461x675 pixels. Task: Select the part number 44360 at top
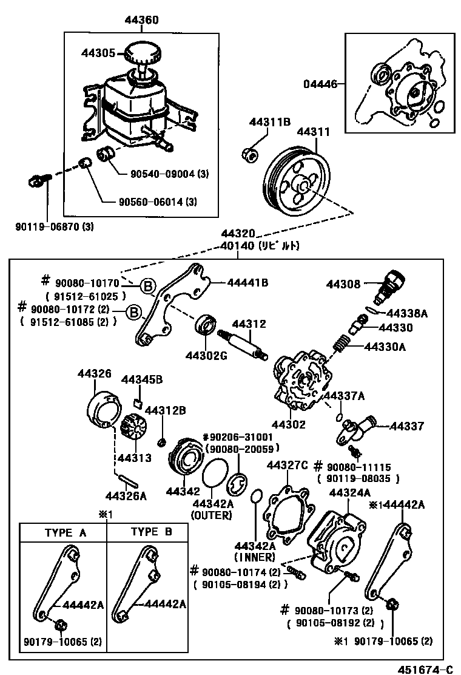(142, 20)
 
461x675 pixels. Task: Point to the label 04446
(320, 84)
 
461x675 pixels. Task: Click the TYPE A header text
(66, 533)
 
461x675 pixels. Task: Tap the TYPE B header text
(152, 532)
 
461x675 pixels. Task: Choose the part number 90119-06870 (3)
(55, 226)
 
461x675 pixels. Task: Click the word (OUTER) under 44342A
(212, 515)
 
